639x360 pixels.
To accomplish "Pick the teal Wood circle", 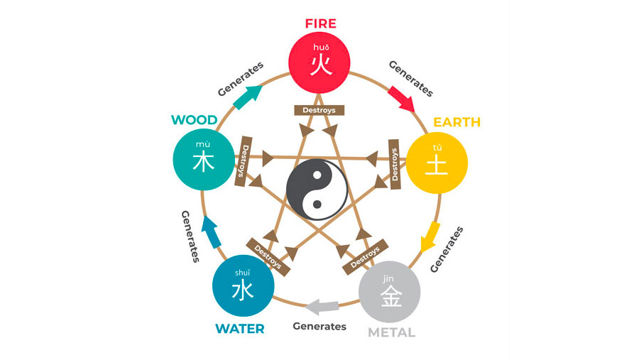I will click(x=204, y=160).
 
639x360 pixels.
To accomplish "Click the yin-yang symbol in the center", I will click(x=317, y=187).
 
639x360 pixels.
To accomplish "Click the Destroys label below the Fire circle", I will click(x=319, y=110).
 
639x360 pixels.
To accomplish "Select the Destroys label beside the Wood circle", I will click(x=244, y=161).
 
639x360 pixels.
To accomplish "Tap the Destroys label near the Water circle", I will click(x=268, y=255).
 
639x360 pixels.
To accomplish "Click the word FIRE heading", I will click(x=320, y=23).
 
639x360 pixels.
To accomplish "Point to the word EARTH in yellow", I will click(x=457, y=122).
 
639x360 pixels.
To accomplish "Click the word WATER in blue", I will click(x=240, y=329).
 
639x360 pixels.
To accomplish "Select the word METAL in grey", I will click(x=391, y=332).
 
